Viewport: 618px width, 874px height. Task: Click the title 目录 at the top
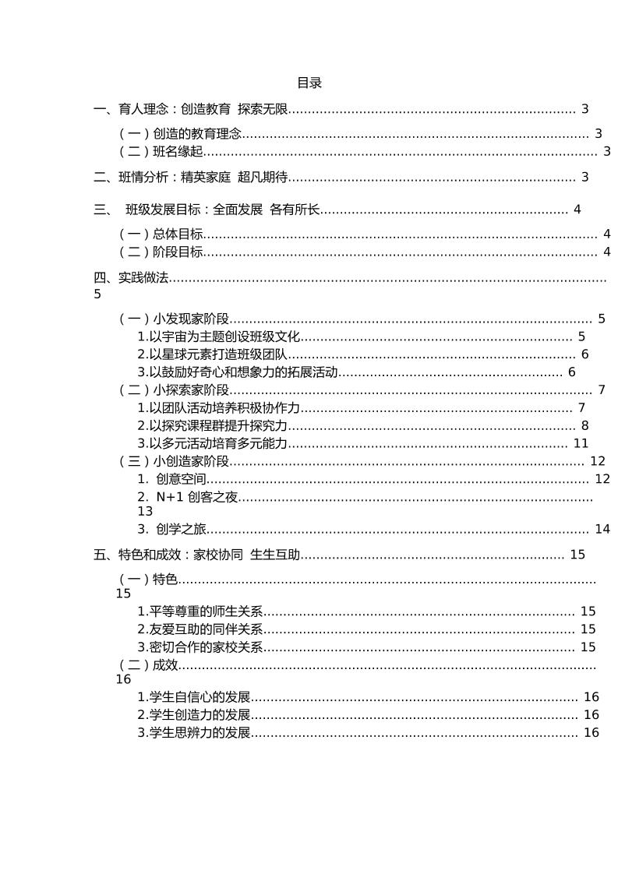(309, 83)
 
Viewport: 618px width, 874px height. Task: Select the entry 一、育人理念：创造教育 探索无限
(191, 110)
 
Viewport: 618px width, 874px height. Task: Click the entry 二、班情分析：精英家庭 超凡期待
(191, 178)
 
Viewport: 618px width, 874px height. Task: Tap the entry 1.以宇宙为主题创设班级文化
(219, 337)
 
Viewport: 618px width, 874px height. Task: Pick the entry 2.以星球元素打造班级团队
(213, 355)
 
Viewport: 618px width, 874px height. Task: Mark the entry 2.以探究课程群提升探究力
(213, 426)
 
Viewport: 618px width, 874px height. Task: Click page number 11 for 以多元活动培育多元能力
(581, 444)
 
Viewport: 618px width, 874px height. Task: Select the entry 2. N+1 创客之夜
(188, 498)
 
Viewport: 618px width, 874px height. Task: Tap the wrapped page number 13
(145, 512)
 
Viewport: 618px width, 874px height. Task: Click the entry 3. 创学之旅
(172, 530)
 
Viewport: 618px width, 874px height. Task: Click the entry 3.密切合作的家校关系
(200, 647)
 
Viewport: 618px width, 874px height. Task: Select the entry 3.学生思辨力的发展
(194, 733)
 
